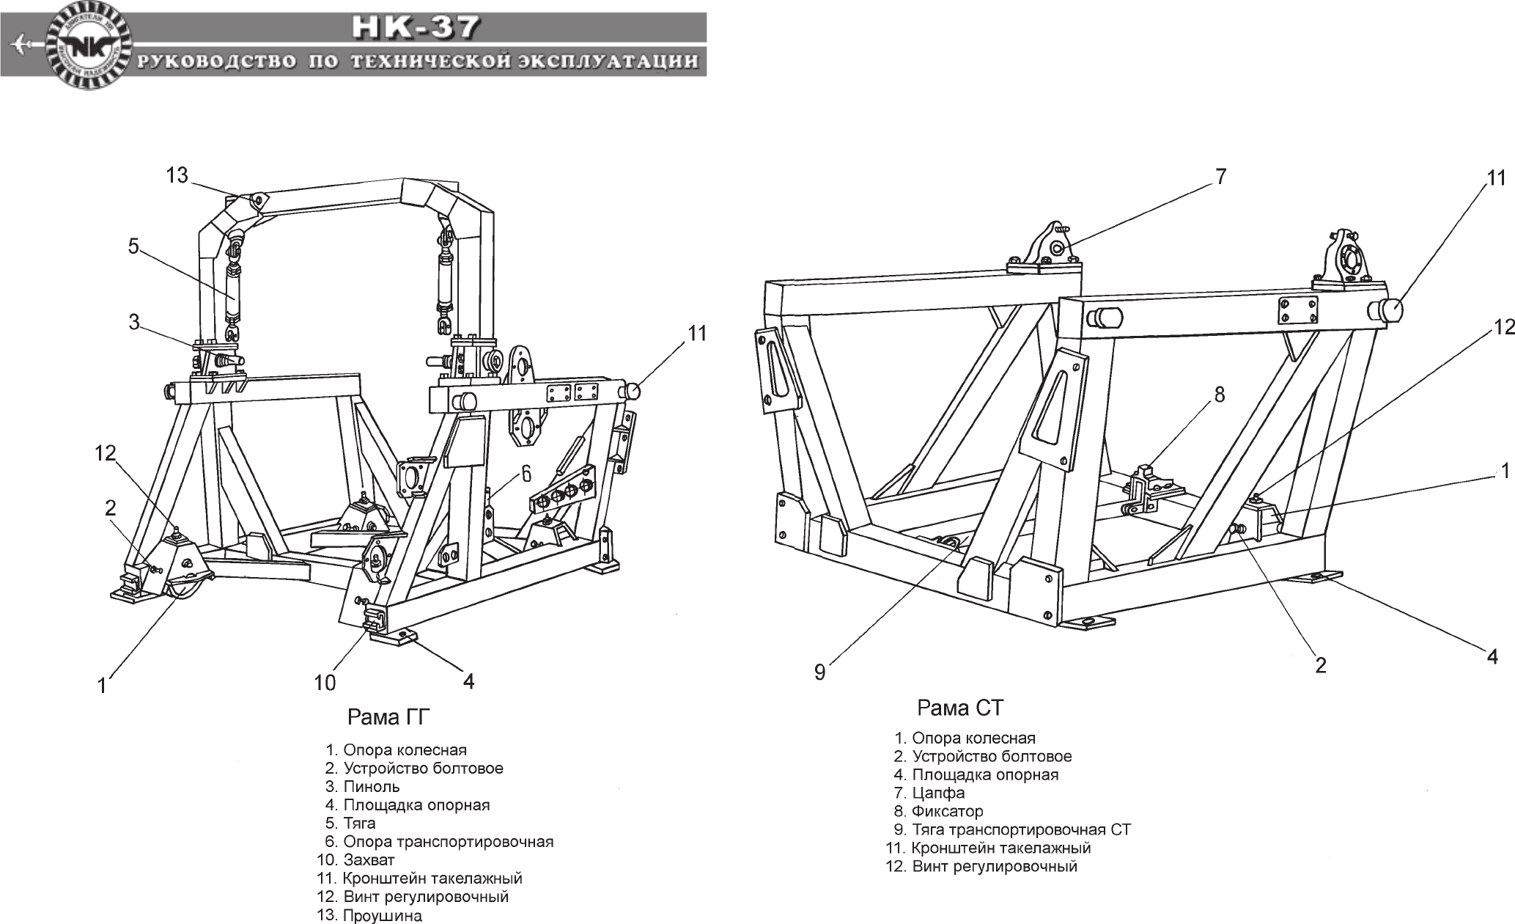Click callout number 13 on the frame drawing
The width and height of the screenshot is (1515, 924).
coord(177,176)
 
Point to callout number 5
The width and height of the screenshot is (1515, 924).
coord(133,246)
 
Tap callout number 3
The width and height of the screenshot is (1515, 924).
coord(133,323)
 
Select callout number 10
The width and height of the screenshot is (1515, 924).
coord(325,683)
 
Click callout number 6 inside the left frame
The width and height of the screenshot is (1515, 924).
coord(526,474)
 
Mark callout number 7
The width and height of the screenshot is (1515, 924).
coord(1220,177)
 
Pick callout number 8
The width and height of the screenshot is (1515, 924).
coord(1219,395)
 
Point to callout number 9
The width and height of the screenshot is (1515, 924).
coord(819,672)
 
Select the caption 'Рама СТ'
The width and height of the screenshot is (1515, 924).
coord(960,708)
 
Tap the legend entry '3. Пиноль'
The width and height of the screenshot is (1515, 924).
coord(363,787)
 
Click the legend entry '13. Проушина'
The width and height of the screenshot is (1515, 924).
coord(370,915)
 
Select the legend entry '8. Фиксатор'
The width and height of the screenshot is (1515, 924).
coord(939,811)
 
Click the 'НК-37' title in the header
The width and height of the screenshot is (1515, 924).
coord(416,27)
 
